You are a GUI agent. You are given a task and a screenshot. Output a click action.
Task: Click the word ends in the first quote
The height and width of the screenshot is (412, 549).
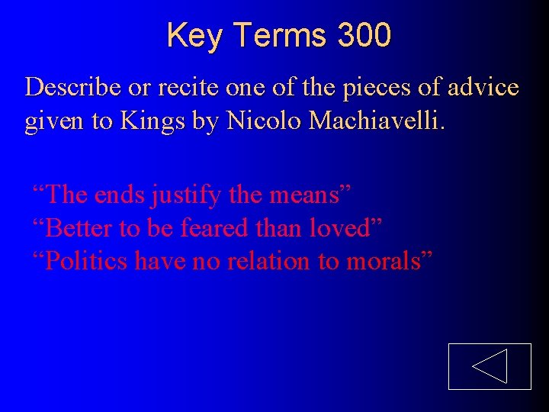click(120, 195)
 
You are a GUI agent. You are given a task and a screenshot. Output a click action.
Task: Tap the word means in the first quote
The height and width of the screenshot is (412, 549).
click(301, 195)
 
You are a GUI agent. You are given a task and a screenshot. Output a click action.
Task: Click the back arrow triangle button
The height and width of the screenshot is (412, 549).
click(489, 366)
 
